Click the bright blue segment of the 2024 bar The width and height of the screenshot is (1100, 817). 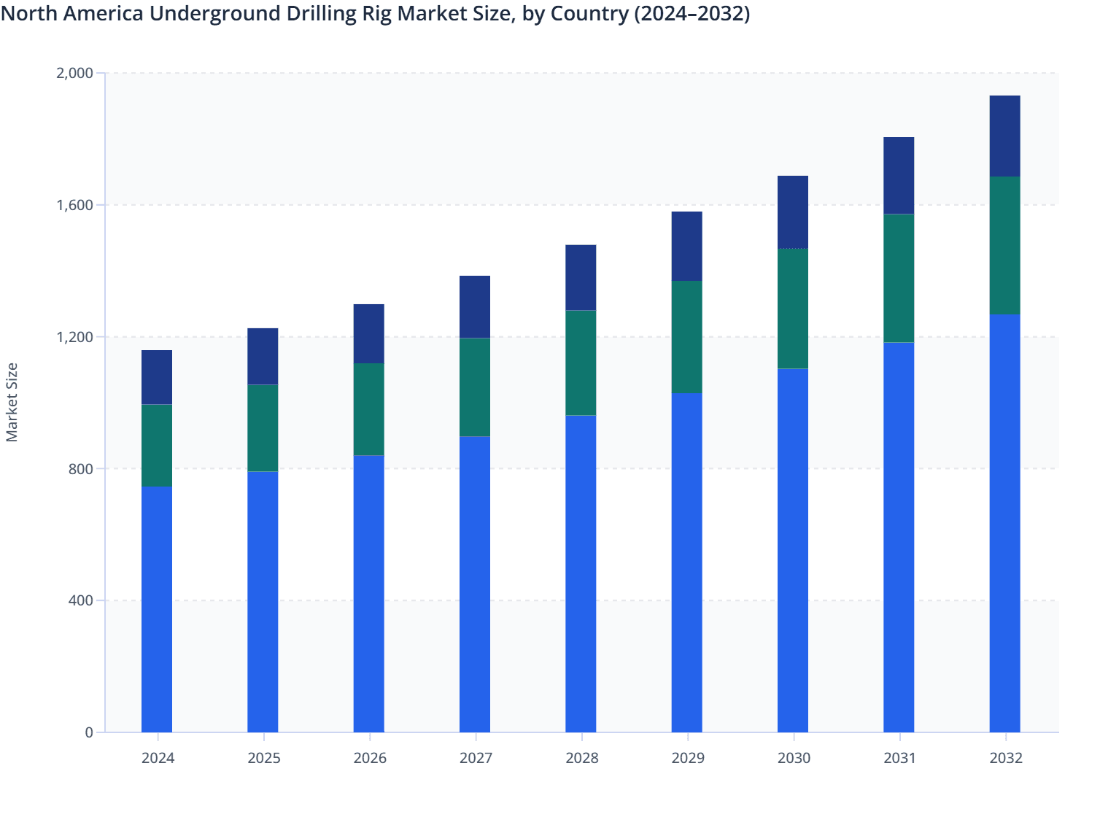[x=157, y=609]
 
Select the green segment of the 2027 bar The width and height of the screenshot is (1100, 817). [x=475, y=387]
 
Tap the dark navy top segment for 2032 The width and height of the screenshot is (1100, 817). [x=1004, y=136]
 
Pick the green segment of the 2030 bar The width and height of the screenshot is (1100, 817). [x=793, y=309]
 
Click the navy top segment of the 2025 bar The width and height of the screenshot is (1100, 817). [x=263, y=357]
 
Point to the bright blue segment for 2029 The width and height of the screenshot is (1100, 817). [x=686, y=562]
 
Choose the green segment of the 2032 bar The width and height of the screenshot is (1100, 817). [x=1004, y=246]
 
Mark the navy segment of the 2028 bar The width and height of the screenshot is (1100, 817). [x=581, y=278]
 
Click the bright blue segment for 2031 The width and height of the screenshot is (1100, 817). [x=899, y=537]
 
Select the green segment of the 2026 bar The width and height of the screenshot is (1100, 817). [x=369, y=409]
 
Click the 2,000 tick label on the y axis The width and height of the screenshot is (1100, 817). [x=74, y=73]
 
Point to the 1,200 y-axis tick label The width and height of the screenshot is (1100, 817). [x=74, y=337]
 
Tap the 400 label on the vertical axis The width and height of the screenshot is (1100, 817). [x=81, y=600]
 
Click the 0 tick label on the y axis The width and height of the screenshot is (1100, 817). [x=89, y=732]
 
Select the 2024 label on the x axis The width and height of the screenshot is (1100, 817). [x=158, y=758]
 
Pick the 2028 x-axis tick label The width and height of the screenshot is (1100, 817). [x=581, y=758]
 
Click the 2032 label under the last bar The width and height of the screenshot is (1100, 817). [x=1005, y=758]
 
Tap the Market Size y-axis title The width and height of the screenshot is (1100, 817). [x=12, y=402]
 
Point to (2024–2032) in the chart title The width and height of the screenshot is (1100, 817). [x=692, y=14]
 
